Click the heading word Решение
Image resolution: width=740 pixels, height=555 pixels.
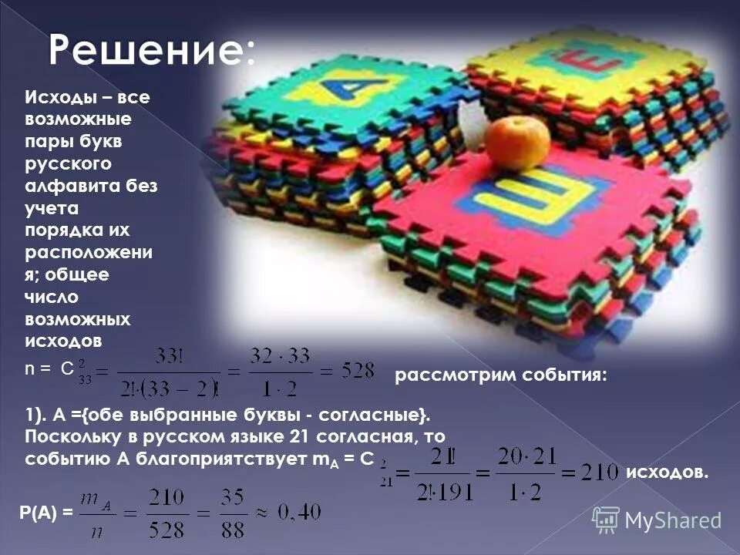pyautogui.click(x=151, y=50)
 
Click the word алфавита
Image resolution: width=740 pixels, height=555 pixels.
pyautogui.click(x=74, y=187)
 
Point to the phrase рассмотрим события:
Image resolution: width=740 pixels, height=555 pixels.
pyautogui.click(x=501, y=375)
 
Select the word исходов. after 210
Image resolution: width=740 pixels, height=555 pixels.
pyautogui.click(x=667, y=472)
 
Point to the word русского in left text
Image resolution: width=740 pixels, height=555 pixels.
pyautogui.click(x=69, y=164)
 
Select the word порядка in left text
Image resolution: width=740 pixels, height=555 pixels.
pyautogui.click(x=66, y=230)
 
